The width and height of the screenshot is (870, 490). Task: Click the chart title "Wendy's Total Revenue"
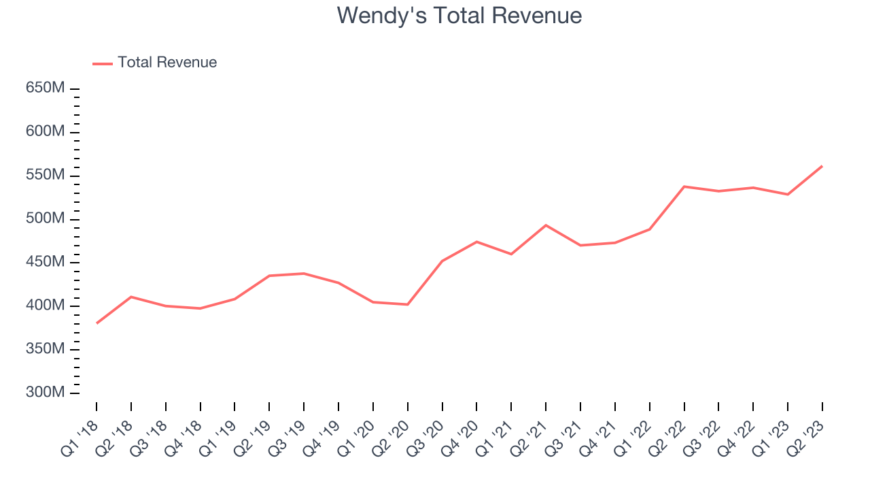[459, 15]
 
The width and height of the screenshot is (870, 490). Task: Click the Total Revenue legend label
[167, 63]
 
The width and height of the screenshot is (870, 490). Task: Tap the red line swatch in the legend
[103, 63]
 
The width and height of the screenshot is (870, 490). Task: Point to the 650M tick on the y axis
[46, 88]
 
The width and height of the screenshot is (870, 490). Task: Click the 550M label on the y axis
[46, 176]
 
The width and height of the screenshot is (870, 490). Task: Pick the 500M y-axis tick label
[46, 219]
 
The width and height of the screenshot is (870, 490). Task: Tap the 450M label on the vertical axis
[46, 263]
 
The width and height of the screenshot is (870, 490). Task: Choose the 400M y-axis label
[46, 306]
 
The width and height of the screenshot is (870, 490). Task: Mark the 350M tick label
[46, 350]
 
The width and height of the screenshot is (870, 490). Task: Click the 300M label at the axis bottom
[46, 393]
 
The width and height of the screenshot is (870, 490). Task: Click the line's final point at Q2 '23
[822, 166]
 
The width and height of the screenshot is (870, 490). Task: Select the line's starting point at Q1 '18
[97, 323]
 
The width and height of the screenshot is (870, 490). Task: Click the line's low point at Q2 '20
[408, 304]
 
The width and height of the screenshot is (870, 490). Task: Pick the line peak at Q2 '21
[546, 225]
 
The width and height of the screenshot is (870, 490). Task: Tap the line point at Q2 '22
[684, 186]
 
